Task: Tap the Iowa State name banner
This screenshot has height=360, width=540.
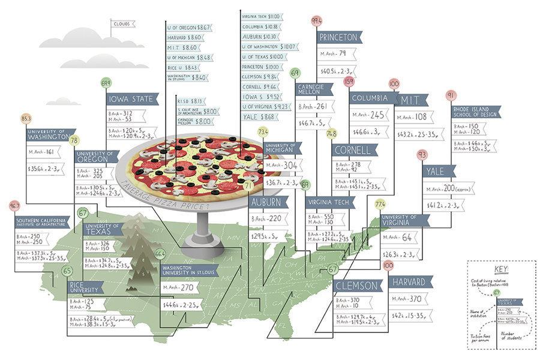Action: pos(133,98)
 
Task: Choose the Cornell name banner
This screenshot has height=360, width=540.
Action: pos(355,149)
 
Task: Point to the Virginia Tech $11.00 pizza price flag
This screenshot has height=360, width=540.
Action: pos(261,16)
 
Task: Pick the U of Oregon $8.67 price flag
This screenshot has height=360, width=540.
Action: pos(188,28)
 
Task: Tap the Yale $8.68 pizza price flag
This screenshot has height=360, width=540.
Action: pos(259,116)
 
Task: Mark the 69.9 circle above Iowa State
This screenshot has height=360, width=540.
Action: pos(106,83)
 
